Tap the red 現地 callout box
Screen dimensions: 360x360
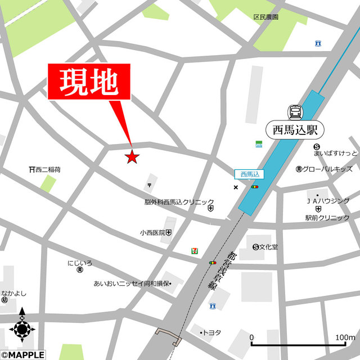(x=89, y=82)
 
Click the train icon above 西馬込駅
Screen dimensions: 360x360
(x=295, y=111)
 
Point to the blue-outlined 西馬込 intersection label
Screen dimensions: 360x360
(x=248, y=174)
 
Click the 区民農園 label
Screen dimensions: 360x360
(x=265, y=17)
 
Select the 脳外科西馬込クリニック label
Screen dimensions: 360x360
(x=179, y=202)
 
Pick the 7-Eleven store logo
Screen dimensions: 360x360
(x=193, y=251)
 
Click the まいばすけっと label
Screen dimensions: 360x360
(x=336, y=153)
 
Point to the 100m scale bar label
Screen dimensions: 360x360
(x=344, y=337)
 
